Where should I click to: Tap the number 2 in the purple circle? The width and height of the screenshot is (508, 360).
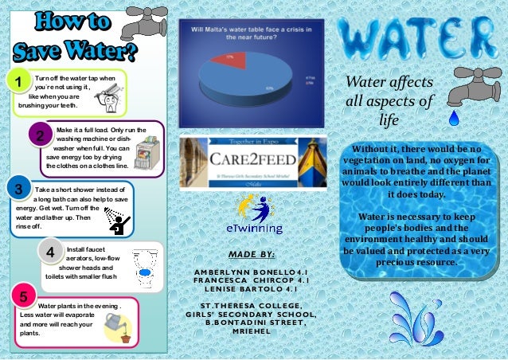pos(38,136)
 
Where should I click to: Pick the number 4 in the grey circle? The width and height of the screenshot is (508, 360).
pos(51,253)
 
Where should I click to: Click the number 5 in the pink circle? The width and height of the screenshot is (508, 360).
pos(24,298)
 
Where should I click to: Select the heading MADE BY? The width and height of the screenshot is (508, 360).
pos(251,254)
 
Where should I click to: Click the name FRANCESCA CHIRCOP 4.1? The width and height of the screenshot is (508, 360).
pos(252,281)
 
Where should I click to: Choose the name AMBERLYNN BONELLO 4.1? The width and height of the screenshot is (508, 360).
pos(252,272)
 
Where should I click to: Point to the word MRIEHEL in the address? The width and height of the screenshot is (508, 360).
pos(250,331)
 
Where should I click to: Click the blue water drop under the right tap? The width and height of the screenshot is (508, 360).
pos(455,119)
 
